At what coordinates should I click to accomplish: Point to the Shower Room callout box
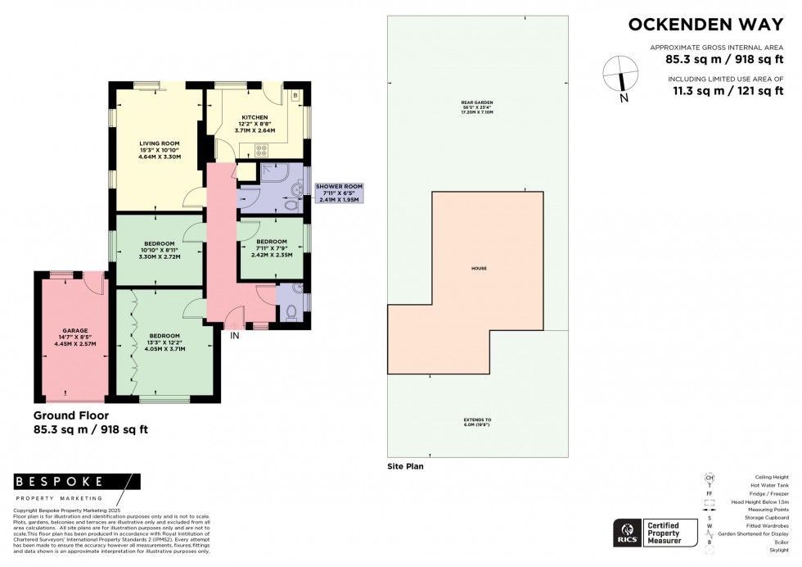pos(339,193)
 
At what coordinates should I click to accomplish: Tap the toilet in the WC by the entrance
pos(291,312)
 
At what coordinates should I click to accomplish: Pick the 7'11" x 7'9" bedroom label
pos(271,248)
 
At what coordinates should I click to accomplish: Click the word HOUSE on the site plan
pos(479,269)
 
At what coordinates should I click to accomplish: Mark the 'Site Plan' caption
pos(406,466)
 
